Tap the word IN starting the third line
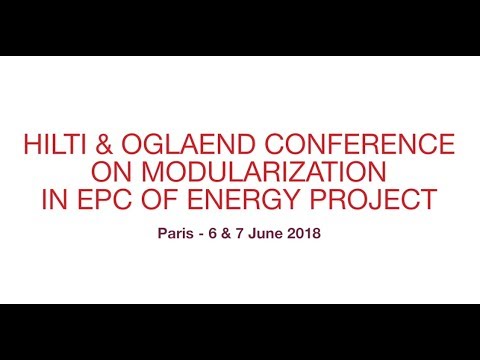tap(55, 200)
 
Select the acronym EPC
tap(104, 200)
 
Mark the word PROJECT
tap(376, 200)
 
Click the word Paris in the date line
tap(176, 237)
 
